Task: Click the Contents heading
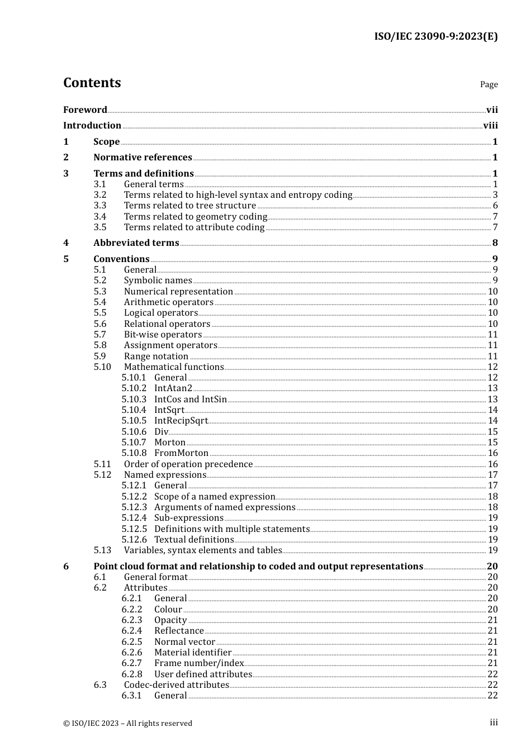click(x=92, y=83)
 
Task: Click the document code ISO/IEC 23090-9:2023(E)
click(x=435, y=36)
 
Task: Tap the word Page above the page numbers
click(x=489, y=84)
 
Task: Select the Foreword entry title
click(x=85, y=110)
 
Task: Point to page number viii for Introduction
click(x=490, y=126)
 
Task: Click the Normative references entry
click(x=143, y=158)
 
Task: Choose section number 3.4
click(x=100, y=217)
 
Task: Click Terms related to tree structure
click(x=190, y=206)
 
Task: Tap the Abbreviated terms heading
click(x=136, y=243)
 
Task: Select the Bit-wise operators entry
click(x=163, y=335)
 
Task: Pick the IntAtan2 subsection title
click(x=173, y=388)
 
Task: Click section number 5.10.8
click(x=134, y=453)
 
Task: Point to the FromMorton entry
click(x=181, y=453)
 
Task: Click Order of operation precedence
click(x=188, y=464)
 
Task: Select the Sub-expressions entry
click(x=188, y=518)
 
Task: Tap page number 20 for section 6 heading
click(x=492, y=567)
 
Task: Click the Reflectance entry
click(x=179, y=631)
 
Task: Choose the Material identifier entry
click(x=193, y=653)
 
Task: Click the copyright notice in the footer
click(x=127, y=724)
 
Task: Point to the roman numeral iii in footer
click(x=494, y=723)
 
